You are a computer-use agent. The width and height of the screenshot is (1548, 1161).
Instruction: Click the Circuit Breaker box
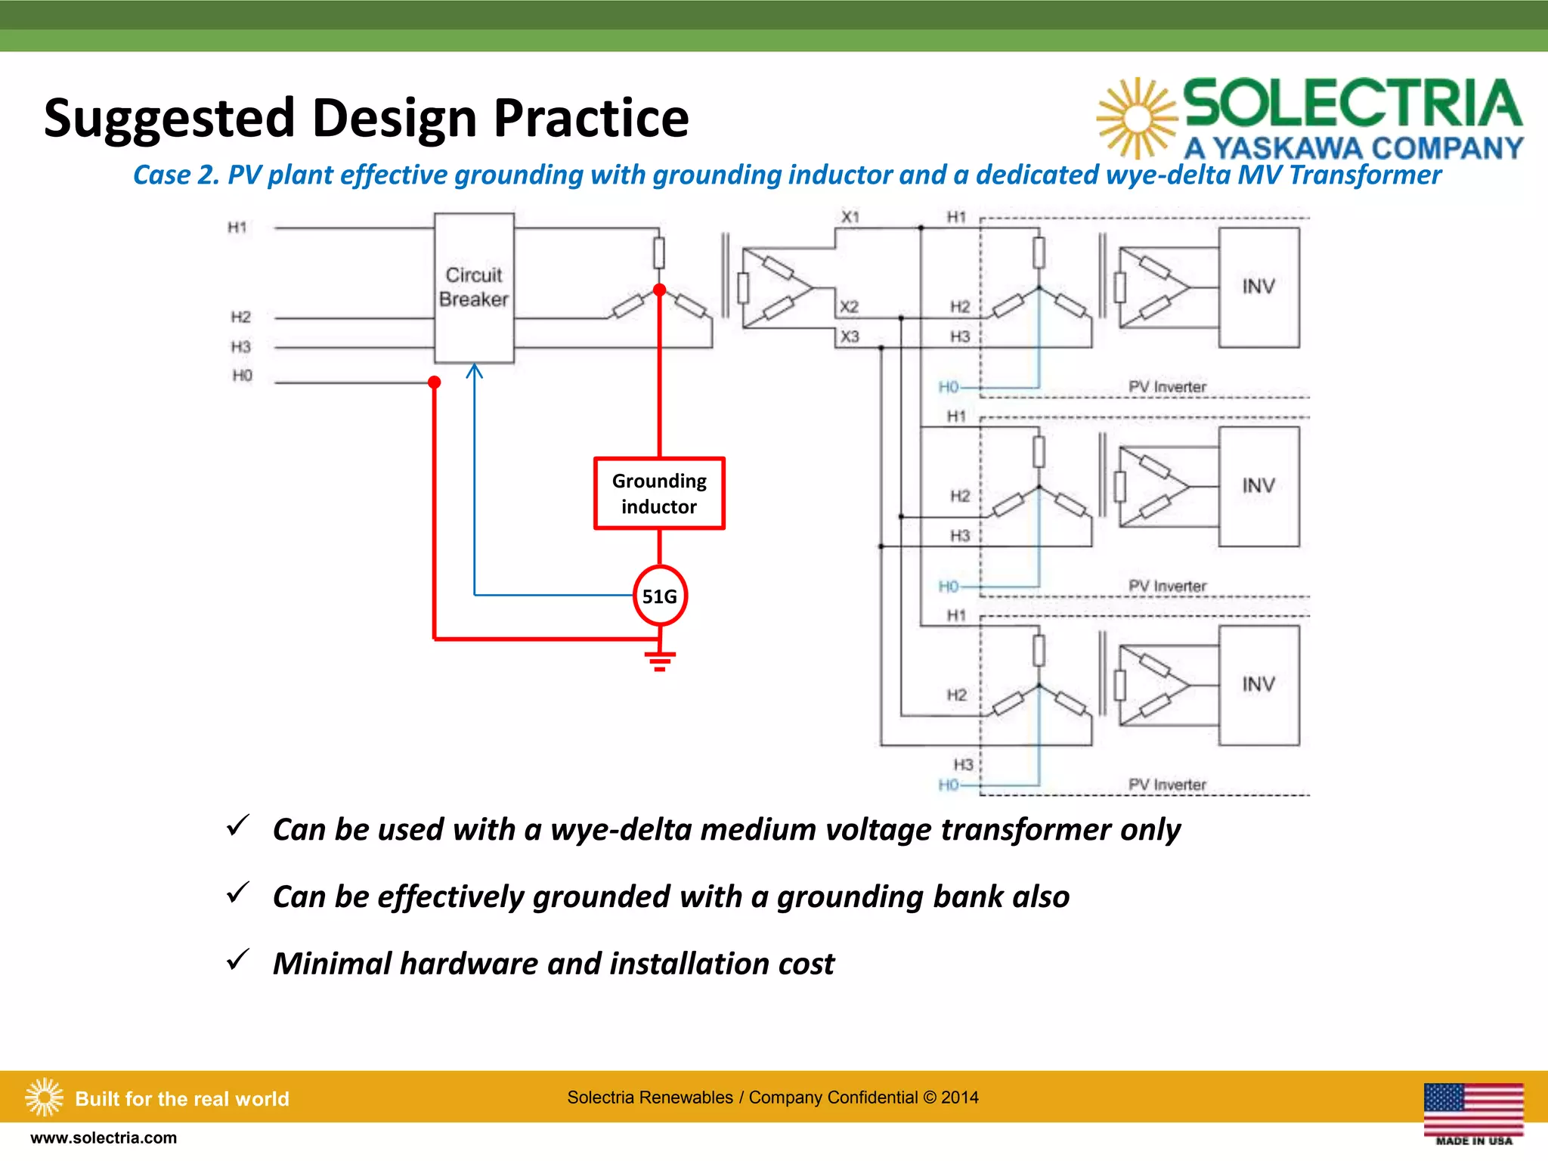[474, 287]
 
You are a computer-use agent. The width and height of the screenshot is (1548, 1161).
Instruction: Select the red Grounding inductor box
[659, 494]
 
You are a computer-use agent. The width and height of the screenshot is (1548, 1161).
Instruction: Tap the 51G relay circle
[660, 596]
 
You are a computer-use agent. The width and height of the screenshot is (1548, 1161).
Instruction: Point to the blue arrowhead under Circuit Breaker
[474, 370]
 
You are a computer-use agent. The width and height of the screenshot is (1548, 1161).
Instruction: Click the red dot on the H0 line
[435, 382]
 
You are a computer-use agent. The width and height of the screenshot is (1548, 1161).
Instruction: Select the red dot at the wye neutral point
[659, 290]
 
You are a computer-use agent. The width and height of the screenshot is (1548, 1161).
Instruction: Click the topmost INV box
[1259, 287]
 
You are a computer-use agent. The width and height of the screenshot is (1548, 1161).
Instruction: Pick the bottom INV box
[1259, 685]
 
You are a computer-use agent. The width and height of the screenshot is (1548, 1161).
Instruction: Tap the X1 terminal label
[850, 217]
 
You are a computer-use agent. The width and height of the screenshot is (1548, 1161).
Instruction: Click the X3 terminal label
[850, 336]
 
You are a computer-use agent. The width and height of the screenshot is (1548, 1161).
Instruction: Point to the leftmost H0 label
[242, 376]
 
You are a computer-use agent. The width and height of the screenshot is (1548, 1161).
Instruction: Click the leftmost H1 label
[237, 228]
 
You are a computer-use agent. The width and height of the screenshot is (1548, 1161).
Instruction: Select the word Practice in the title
[591, 119]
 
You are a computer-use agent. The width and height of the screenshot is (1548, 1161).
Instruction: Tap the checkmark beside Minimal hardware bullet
[238, 960]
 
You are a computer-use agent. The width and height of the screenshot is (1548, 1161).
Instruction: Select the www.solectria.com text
[104, 1138]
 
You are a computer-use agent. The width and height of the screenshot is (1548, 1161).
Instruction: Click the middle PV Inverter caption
[1167, 586]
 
